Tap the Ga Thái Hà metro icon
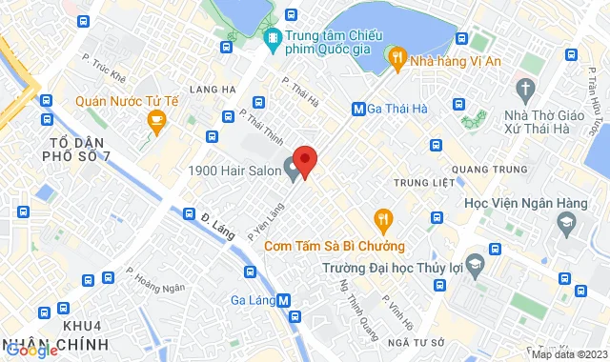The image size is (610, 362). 358,109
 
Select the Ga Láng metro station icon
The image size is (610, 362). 295,300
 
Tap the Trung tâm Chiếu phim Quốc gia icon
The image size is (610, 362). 272,39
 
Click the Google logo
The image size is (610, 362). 31,351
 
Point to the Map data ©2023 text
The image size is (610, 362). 569,354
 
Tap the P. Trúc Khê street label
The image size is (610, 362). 105,69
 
